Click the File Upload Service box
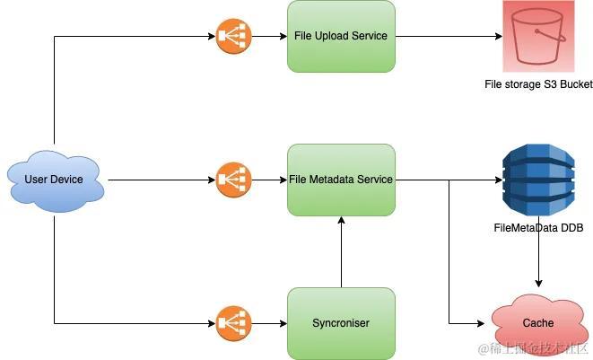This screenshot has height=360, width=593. click(341, 37)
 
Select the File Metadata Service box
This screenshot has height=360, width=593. click(341, 180)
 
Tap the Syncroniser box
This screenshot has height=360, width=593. click(341, 323)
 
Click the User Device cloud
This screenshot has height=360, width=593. click(55, 180)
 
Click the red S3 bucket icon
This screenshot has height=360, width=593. click(537, 37)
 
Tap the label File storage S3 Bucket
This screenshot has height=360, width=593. click(536, 84)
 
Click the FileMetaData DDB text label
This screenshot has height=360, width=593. click(537, 229)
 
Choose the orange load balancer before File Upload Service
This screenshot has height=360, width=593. click(233, 37)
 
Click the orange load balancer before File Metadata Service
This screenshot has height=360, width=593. click(233, 180)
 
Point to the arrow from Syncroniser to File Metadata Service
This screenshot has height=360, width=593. click(341, 251)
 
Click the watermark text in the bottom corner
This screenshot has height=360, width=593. click(533, 347)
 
